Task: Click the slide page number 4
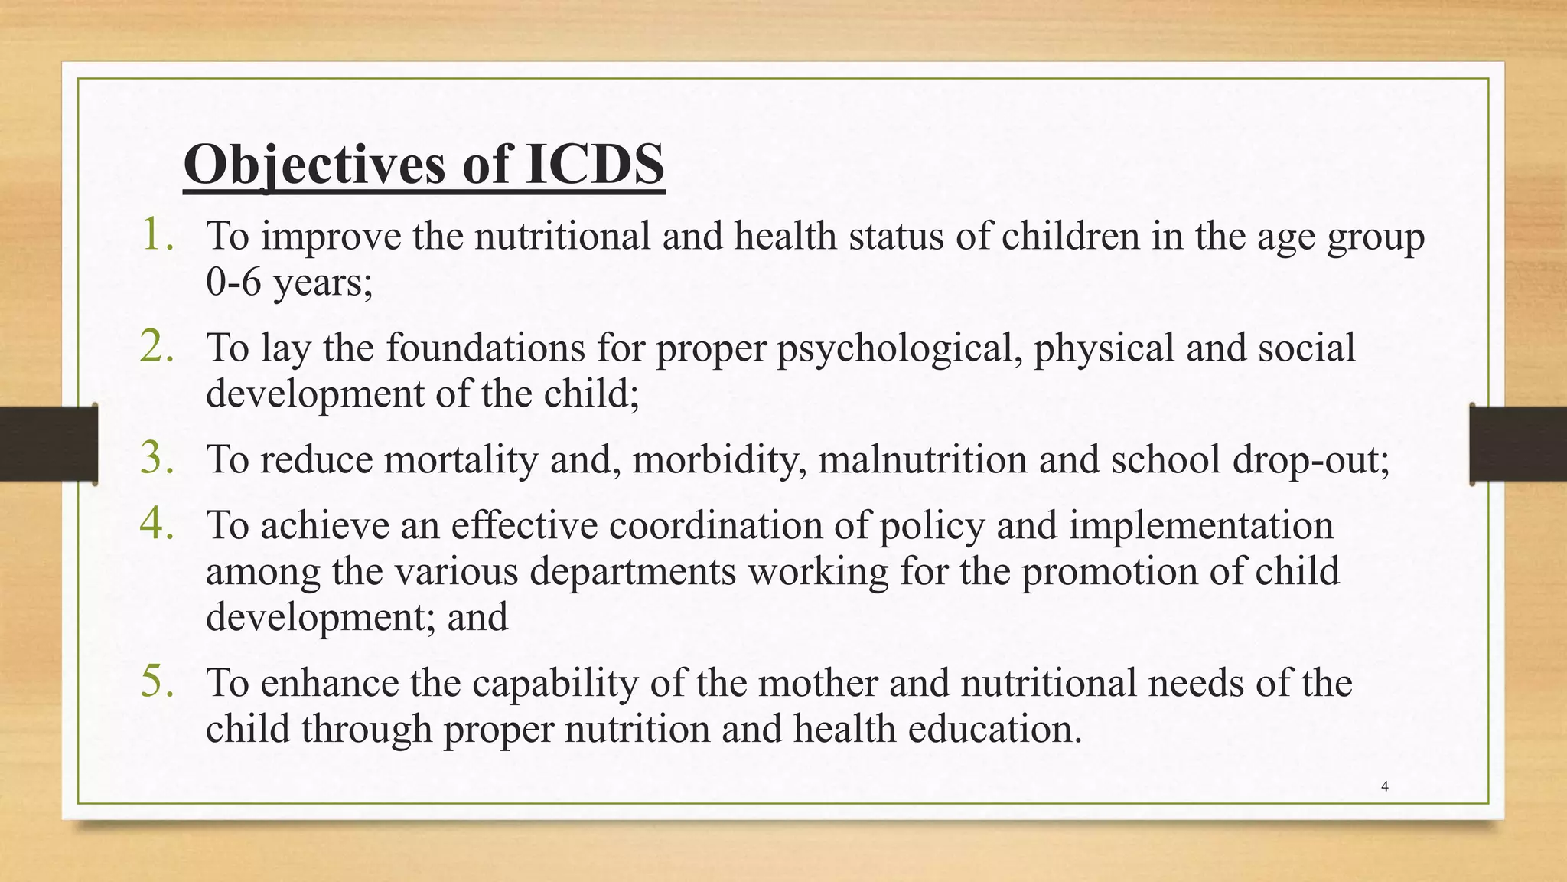point(1385,786)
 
